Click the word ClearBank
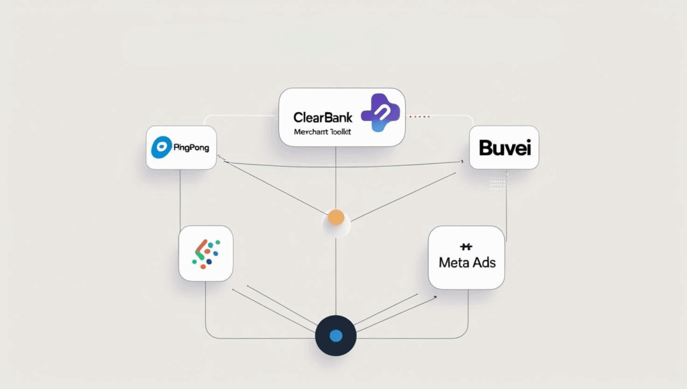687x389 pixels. coord(323,118)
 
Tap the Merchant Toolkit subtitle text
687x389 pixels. coord(323,132)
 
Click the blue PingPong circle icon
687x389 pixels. coord(161,147)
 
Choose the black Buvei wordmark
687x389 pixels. coord(505,147)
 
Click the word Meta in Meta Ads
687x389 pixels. coord(453,262)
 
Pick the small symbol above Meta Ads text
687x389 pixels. coord(467,247)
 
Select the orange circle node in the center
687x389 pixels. coord(335,218)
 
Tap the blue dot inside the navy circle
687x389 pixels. coord(335,335)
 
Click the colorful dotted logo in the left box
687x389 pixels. coord(205,253)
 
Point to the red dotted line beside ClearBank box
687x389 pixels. coord(419,116)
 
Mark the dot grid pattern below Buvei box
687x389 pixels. coord(498,183)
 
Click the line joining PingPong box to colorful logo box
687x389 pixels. coord(180,198)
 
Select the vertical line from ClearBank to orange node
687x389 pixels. coord(335,178)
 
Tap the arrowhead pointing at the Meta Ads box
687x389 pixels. coord(435,296)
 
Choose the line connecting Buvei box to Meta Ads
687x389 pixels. coord(506,202)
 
